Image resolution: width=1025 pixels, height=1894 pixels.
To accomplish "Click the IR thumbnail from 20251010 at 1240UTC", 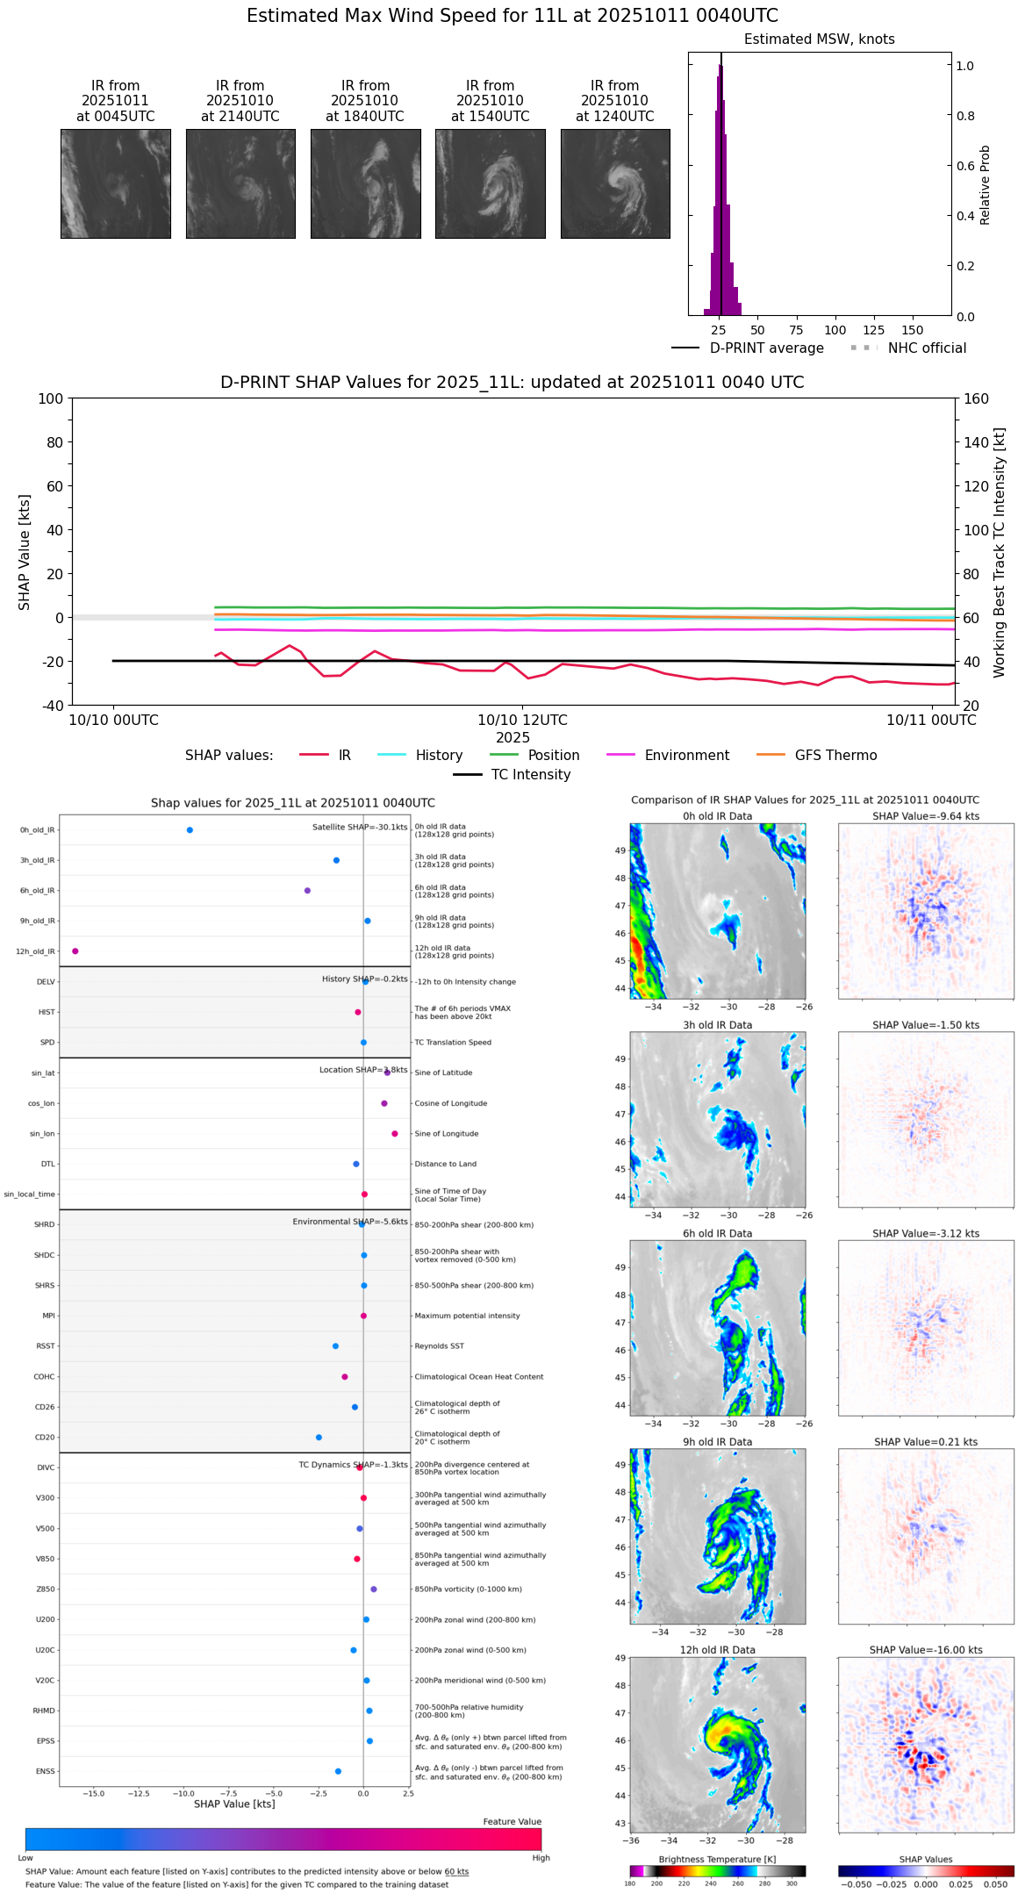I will coord(615,183).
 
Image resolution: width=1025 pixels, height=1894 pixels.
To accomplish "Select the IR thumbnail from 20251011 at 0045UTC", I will coord(116,183).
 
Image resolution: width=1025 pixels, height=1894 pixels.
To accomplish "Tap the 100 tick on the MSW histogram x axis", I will coord(835,330).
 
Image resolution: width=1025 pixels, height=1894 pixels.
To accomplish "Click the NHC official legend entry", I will coord(926,348).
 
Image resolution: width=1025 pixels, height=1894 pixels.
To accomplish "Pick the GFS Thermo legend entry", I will coord(835,756).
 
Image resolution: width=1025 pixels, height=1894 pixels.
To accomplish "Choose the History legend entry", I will coord(439,756).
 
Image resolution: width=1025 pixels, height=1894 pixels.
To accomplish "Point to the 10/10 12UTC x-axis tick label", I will coord(522,721).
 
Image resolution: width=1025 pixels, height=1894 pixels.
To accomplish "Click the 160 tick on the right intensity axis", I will coord(976,398).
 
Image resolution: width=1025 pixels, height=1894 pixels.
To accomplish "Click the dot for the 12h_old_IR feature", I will coord(75,951).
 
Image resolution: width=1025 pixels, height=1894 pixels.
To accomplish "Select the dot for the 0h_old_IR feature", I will coord(190,830).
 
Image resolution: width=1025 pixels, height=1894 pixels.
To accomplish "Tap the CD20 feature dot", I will coord(319,1438).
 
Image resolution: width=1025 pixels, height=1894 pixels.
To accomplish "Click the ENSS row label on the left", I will coord(45,1771).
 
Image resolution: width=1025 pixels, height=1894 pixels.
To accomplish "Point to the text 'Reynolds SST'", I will coord(439,1346).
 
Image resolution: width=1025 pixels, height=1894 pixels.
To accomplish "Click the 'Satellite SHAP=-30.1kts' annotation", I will coord(360,828).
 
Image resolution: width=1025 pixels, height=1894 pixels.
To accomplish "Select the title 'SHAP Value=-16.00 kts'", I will coord(926,1650).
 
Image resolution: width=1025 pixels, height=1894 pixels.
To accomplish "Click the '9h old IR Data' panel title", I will coord(717,1442).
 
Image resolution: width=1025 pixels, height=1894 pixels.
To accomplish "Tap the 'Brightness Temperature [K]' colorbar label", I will coord(717,1859).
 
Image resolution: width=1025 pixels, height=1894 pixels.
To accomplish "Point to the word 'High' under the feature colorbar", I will coord(541,1858).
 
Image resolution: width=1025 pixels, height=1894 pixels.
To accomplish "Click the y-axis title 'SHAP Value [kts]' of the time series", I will coord(25,552).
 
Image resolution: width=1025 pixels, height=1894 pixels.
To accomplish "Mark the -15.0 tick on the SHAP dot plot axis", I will coord(94,1793).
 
